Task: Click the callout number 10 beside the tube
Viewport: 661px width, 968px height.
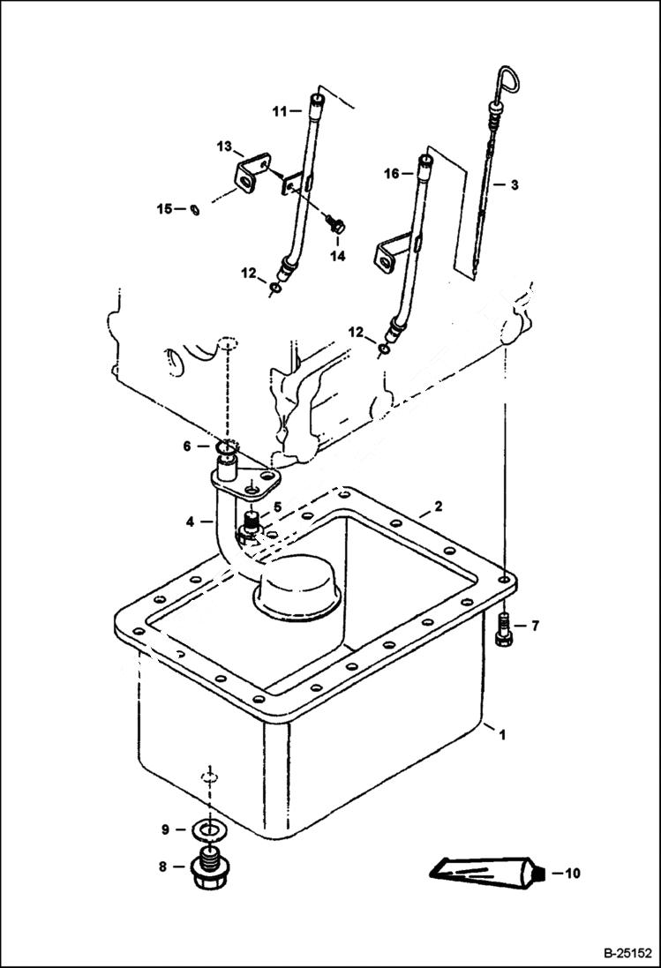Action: click(x=572, y=874)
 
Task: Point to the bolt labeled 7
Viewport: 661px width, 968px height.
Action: click(x=504, y=629)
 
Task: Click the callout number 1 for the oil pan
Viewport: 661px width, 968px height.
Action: click(x=503, y=734)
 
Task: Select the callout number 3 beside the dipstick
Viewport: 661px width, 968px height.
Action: click(x=514, y=184)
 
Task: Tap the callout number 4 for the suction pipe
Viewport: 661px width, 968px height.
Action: click(x=190, y=522)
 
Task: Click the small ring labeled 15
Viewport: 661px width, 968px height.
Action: click(x=194, y=209)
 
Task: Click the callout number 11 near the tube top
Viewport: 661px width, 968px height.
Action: click(x=280, y=111)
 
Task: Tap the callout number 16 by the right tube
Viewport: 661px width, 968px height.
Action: click(x=392, y=175)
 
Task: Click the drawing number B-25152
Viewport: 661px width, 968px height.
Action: click(x=627, y=954)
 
